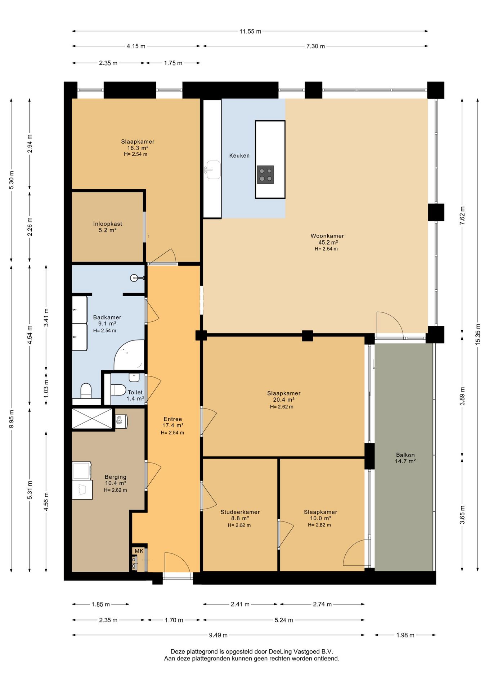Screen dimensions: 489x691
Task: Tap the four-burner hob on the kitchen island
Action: (x=265, y=175)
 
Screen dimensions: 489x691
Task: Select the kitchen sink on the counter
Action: (x=213, y=170)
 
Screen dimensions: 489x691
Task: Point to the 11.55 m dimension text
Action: (x=250, y=31)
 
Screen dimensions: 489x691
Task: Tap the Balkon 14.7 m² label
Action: (x=405, y=458)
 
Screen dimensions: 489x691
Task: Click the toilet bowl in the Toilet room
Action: (x=118, y=390)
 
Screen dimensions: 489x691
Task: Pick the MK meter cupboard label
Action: (x=139, y=551)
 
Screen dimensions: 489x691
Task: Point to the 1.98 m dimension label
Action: (x=405, y=635)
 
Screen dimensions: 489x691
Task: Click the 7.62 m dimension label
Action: (x=462, y=216)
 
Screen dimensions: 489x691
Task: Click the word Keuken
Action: (x=239, y=155)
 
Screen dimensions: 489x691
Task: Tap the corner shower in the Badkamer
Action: (x=129, y=355)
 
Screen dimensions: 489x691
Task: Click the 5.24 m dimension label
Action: (x=284, y=620)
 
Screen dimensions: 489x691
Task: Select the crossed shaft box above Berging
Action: (x=93, y=418)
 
